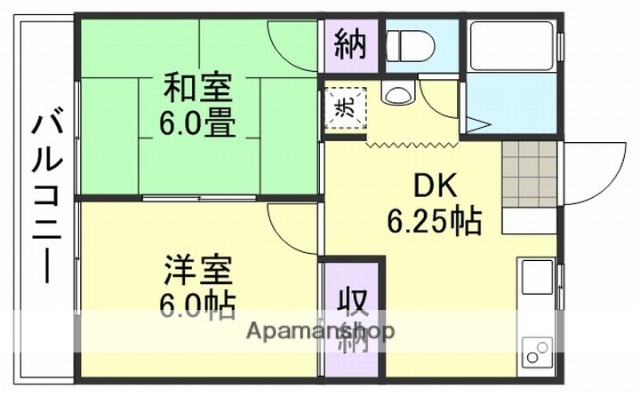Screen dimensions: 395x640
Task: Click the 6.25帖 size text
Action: (x=435, y=218)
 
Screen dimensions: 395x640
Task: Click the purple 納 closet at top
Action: (x=350, y=45)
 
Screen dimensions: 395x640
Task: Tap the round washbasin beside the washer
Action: (x=395, y=97)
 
